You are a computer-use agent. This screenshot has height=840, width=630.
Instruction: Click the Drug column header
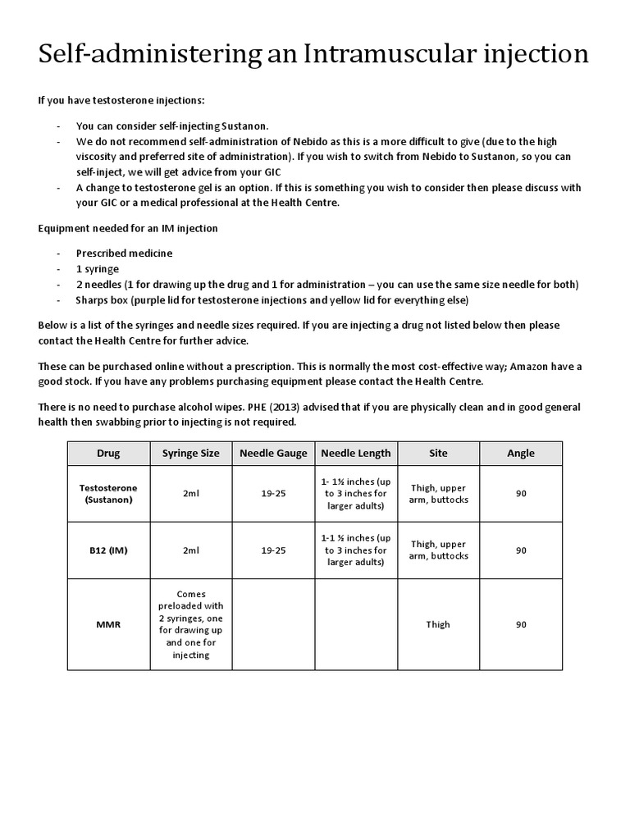(108, 453)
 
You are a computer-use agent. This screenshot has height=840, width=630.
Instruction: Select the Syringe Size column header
(191, 453)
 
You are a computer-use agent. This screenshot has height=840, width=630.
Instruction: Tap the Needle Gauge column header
(273, 453)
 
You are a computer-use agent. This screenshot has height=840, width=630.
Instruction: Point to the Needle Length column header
(356, 453)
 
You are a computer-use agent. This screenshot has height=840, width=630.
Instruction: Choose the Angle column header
(521, 453)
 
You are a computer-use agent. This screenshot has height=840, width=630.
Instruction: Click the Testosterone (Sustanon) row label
(108, 493)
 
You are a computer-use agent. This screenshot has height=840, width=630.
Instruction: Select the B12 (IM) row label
(108, 550)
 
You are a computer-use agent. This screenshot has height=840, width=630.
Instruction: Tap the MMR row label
(108, 624)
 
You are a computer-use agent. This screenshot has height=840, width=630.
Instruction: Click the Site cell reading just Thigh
(438, 624)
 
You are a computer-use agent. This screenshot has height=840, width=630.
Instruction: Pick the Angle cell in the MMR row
(521, 624)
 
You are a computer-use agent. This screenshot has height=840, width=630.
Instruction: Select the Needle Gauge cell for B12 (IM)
(273, 550)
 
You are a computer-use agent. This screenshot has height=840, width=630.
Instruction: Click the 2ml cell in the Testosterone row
(191, 493)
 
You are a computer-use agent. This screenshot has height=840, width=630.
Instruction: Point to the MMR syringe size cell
(191, 624)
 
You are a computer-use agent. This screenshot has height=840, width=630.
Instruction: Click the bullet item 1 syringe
(98, 269)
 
